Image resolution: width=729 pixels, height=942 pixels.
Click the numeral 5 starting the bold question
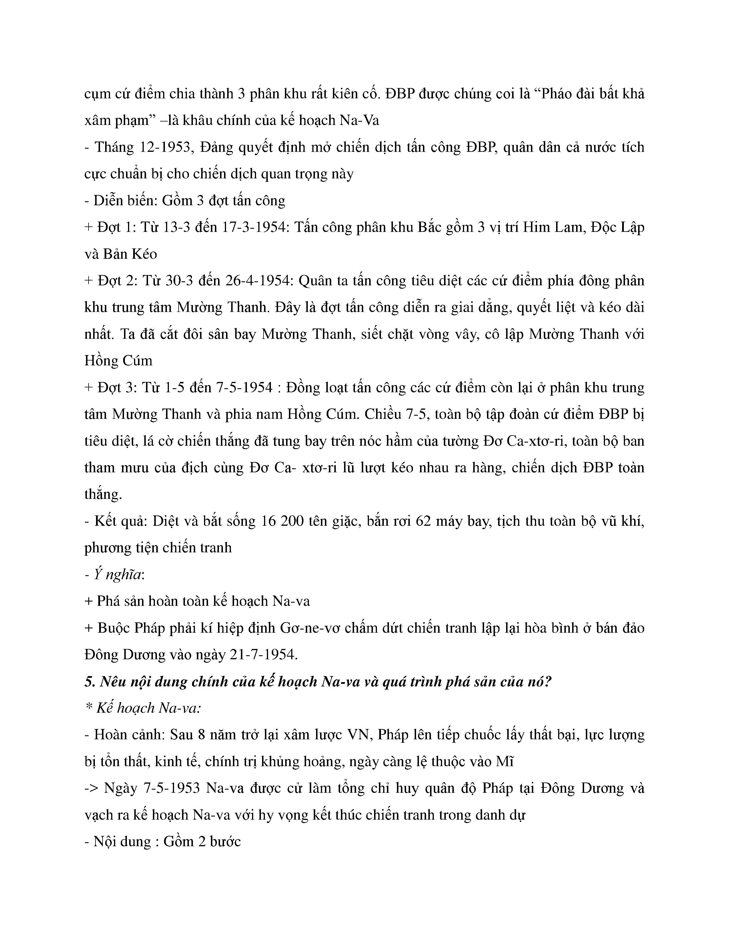click(88, 682)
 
